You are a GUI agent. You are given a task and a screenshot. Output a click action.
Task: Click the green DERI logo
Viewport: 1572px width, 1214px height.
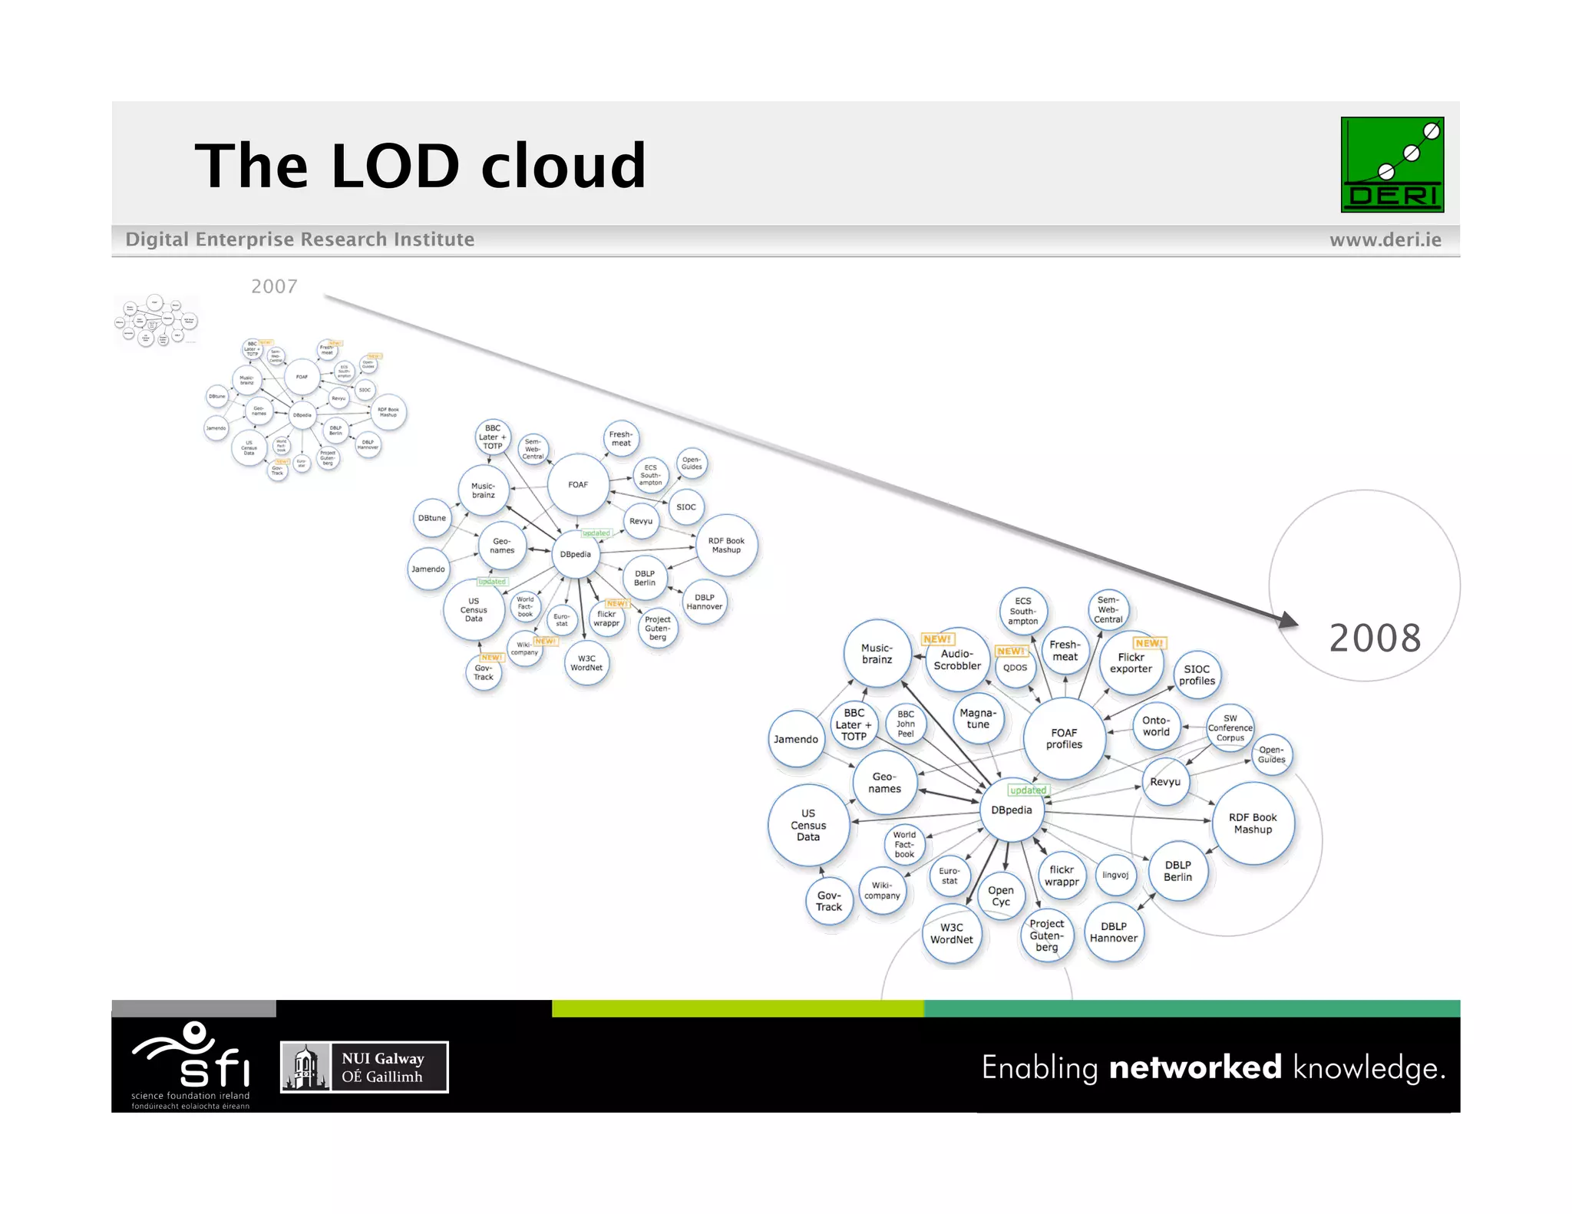[1392, 164]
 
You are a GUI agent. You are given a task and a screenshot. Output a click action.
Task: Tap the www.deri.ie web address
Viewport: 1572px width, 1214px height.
[1385, 239]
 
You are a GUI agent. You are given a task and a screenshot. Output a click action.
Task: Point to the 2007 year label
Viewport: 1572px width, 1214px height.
[274, 286]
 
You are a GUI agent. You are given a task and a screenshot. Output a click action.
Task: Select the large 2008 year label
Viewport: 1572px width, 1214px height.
[1375, 638]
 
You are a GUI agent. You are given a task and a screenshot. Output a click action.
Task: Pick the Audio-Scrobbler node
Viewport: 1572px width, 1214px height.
[956, 660]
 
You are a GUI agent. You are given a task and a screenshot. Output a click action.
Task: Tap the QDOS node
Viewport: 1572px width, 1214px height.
[1015, 668]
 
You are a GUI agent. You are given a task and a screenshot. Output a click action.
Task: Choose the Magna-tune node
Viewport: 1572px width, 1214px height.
[978, 719]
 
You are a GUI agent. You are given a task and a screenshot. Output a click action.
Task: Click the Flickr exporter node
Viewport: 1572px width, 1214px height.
[1131, 663]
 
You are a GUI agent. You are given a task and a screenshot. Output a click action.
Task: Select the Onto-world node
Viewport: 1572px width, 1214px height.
[1155, 726]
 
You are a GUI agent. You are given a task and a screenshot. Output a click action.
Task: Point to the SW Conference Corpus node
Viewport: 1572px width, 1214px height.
[1230, 728]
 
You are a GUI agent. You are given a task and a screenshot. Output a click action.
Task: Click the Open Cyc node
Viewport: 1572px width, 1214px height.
[1000, 896]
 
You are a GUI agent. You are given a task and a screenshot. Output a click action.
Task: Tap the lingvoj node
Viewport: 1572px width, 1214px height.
[1115, 875]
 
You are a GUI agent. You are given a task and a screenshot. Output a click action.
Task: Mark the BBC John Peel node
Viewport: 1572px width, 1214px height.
[905, 724]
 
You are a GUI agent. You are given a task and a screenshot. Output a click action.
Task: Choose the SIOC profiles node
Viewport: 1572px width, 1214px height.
[1197, 675]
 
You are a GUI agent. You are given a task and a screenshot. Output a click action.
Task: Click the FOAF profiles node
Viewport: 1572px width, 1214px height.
[1064, 739]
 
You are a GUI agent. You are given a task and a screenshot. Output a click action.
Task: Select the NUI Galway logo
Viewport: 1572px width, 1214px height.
[364, 1067]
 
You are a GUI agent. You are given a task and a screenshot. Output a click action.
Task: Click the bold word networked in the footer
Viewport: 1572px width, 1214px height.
[1195, 1067]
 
